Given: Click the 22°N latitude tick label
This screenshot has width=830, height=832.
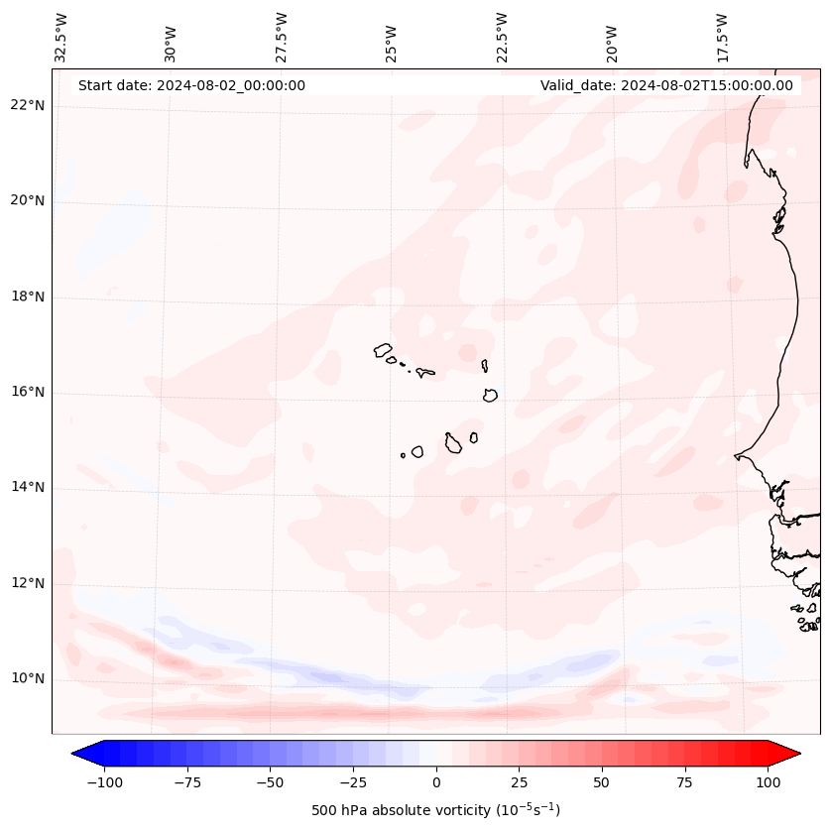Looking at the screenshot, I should pyautogui.click(x=27, y=105).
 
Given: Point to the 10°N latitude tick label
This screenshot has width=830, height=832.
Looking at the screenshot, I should pyautogui.click(x=27, y=679).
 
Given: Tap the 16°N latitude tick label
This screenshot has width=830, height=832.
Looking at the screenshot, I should pyautogui.click(x=27, y=392).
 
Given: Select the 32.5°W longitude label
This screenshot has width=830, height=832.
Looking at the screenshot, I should pyautogui.click(x=61, y=37).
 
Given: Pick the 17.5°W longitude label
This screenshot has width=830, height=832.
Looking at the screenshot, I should pyautogui.click(x=722, y=37).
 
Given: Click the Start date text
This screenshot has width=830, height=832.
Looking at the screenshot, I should pyautogui.click(x=191, y=85).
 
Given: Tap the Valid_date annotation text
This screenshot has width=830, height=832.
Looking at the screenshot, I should pyautogui.click(x=666, y=85).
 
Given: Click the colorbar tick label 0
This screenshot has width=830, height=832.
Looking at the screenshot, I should pyautogui.click(x=436, y=782).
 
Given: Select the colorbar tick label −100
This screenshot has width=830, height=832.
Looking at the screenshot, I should pyautogui.click(x=104, y=782).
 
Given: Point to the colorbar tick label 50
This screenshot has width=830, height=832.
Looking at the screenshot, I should pyautogui.click(x=602, y=782).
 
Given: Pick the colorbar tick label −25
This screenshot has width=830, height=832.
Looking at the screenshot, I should pyautogui.click(x=353, y=782).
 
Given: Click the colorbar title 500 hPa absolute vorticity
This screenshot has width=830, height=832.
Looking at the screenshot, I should pyautogui.click(x=435, y=810).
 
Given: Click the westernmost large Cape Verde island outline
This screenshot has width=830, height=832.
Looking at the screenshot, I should pyautogui.click(x=383, y=349).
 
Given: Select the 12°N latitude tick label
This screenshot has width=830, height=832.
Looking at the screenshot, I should pyautogui.click(x=27, y=584).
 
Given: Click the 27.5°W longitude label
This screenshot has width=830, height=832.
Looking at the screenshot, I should pyautogui.click(x=282, y=37).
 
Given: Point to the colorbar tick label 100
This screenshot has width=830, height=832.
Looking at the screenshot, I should pyautogui.click(x=768, y=782).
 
